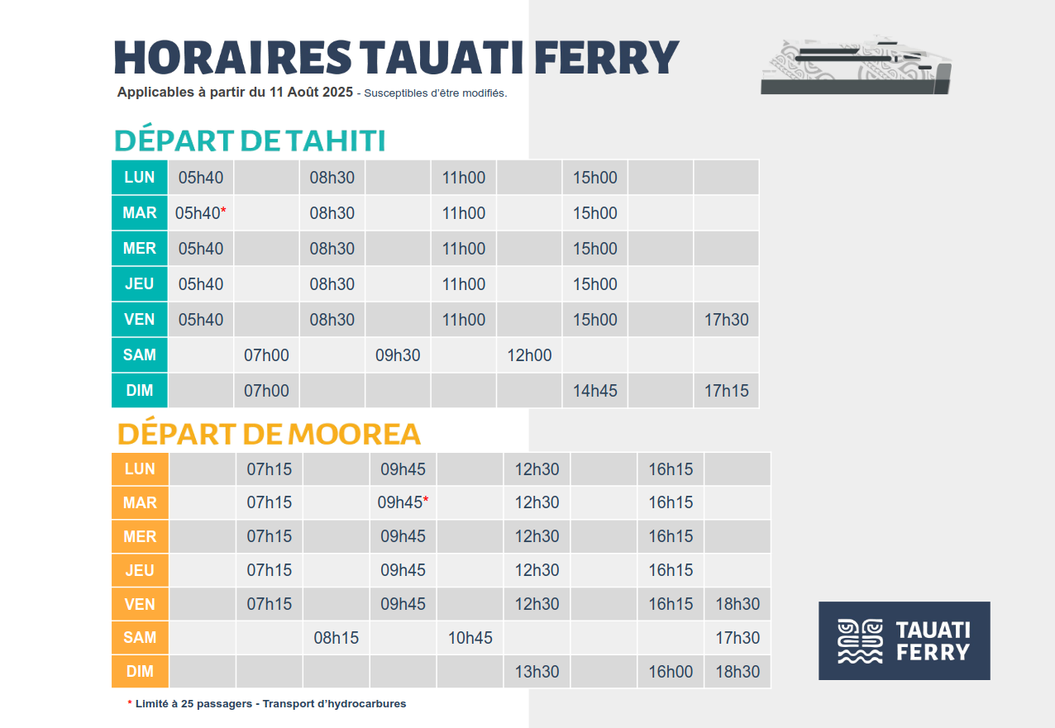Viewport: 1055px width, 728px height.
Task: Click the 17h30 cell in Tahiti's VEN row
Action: [x=726, y=320]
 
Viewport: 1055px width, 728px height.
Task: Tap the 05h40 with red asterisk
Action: [x=201, y=213]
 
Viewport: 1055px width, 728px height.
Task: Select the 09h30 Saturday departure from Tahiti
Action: [x=398, y=355]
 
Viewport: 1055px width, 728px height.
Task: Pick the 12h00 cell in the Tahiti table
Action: [x=529, y=355]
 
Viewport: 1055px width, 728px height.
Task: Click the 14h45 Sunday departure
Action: [x=594, y=391]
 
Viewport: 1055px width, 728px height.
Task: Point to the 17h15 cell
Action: [x=726, y=391]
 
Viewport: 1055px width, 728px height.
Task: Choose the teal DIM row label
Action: [x=140, y=390]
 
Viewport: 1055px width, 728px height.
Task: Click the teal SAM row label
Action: [x=140, y=354]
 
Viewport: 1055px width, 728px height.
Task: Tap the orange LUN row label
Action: [x=140, y=469]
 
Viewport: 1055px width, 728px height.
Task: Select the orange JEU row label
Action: [x=140, y=570]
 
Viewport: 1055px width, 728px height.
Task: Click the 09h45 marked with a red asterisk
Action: [x=403, y=502]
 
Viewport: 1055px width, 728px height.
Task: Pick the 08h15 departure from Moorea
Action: [x=336, y=638]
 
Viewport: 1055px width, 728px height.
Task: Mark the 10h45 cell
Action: [x=470, y=638]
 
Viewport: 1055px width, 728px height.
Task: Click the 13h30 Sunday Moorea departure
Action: [x=537, y=672]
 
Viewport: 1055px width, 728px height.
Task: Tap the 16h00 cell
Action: [x=671, y=672]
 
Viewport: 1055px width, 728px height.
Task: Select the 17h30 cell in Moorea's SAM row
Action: [x=737, y=638]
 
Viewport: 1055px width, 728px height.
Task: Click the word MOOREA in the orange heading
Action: [x=354, y=434]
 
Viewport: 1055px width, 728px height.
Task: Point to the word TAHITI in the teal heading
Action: [x=336, y=140]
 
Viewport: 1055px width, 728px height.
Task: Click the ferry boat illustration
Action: [x=856, y=64]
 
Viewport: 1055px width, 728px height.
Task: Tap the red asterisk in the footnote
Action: [x=130, y=702]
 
